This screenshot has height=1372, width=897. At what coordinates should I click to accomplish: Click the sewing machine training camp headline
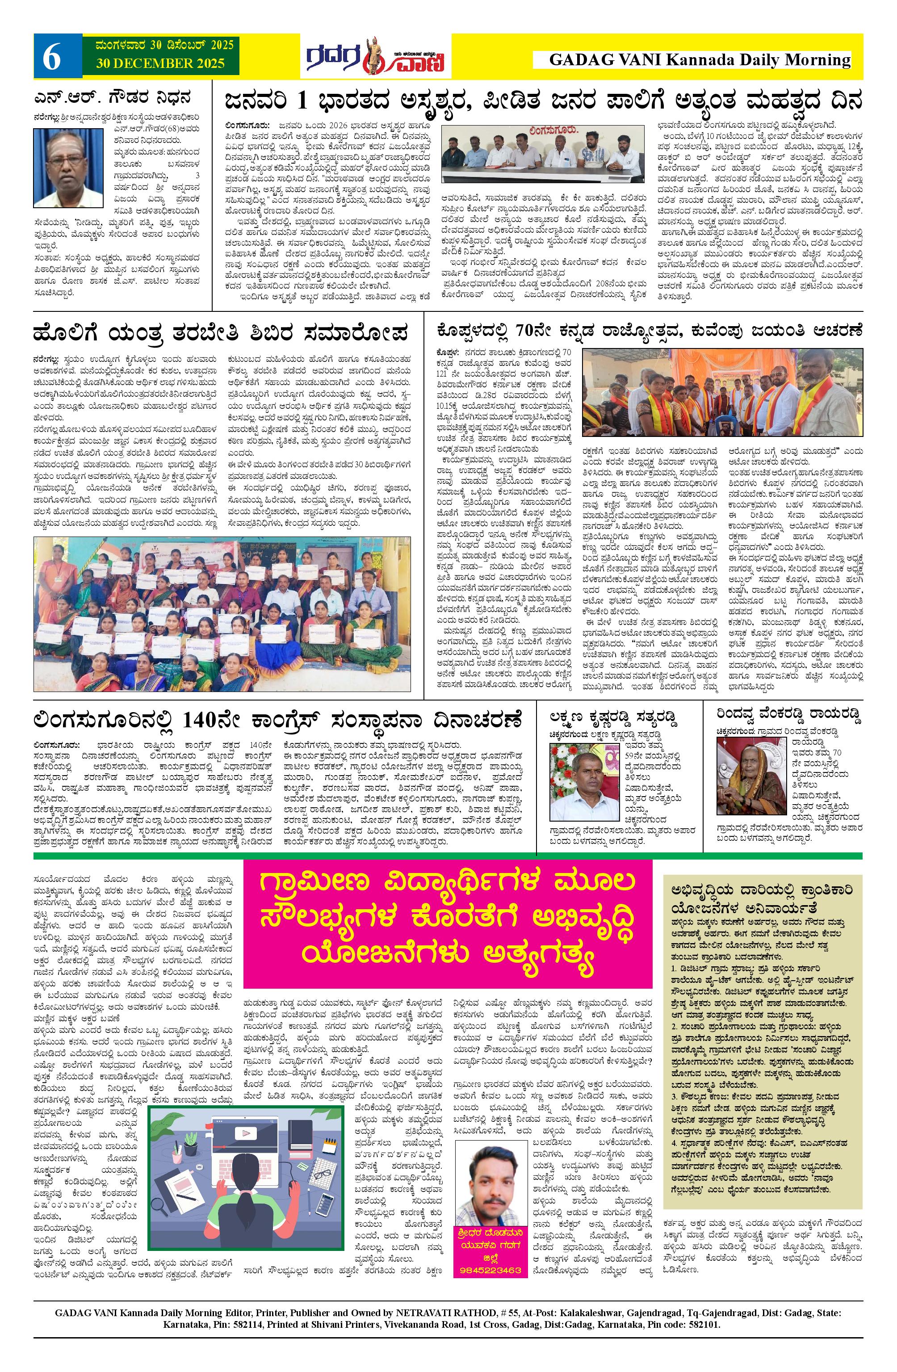pyautogui.click(x=220, y=333)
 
